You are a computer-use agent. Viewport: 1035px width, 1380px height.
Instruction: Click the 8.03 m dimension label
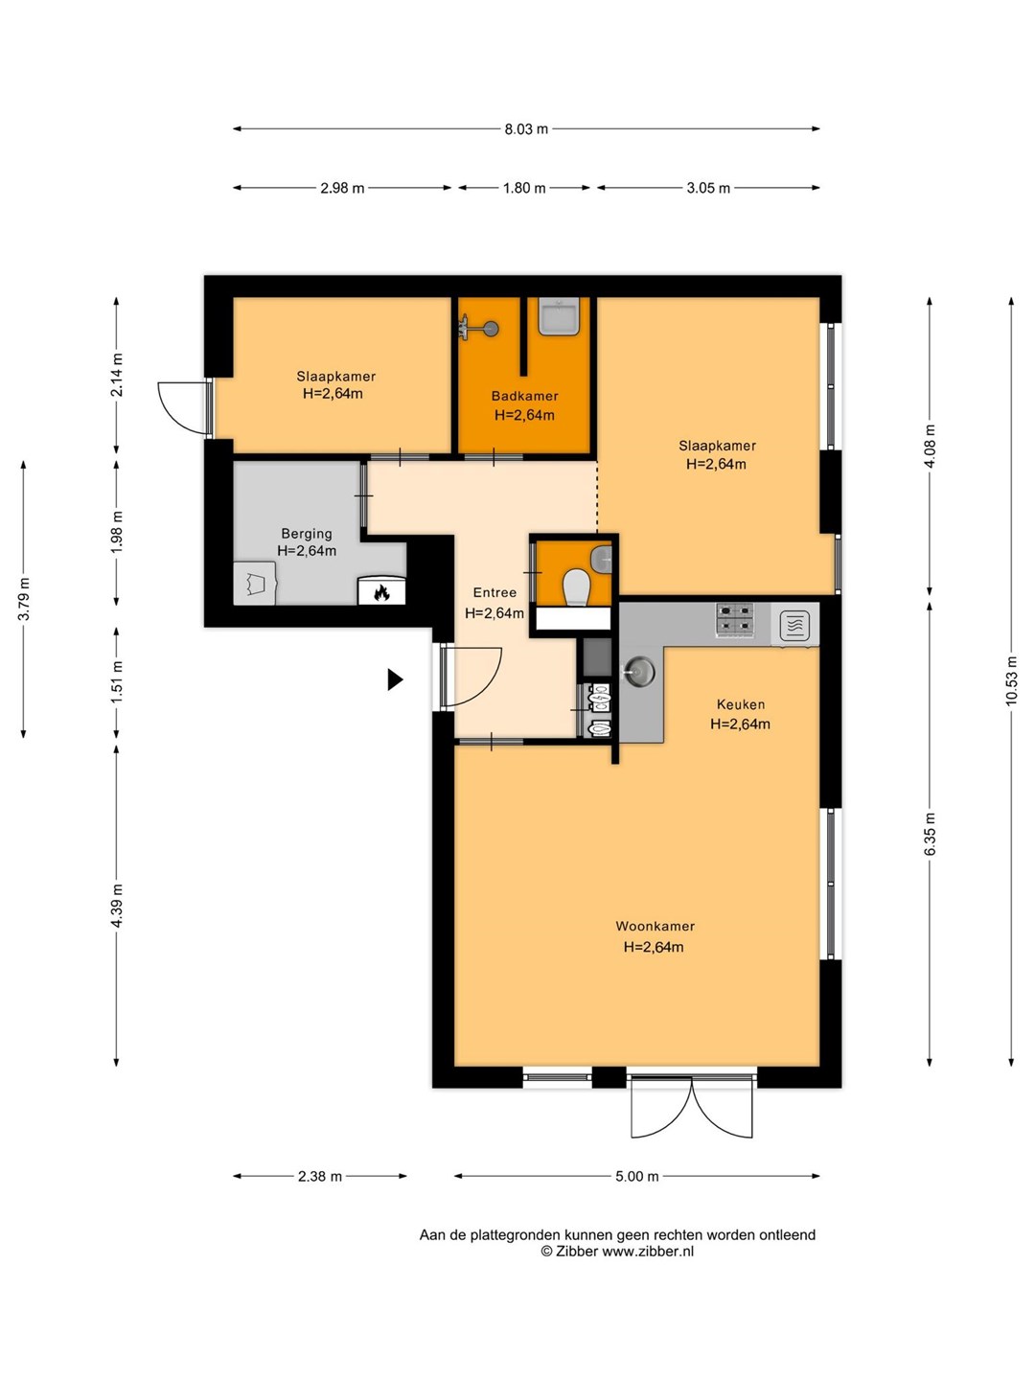[x=526, y=128]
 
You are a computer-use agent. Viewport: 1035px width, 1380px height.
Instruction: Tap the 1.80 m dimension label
[x=524, y=188]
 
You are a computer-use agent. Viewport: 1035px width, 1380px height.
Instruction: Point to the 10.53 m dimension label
[x=1010, y=681]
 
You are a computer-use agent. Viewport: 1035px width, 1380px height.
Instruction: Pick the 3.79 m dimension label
[x=24, y=599]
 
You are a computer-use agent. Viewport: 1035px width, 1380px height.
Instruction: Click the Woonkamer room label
[x=655, y=926]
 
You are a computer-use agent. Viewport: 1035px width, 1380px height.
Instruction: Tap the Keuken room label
[x=741, y=704]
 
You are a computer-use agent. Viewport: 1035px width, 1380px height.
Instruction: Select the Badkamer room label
[x=525, y=396]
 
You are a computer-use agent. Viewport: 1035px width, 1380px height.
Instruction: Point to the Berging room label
[x=307, y=534]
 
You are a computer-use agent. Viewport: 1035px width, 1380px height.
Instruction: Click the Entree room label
[x=494, y=592]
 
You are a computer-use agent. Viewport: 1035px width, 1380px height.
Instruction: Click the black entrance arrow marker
[x=395, y=679]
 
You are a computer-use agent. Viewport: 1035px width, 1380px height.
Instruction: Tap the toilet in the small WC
[x=575, y=588]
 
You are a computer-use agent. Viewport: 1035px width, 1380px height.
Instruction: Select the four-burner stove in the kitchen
[x=735, y=620]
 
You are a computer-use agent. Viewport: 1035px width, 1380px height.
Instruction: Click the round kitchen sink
[x=638, y=672]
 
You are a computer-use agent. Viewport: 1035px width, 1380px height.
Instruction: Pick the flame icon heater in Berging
[x=381, y=591]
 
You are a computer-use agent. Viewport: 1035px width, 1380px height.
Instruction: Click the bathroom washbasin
[x=559, y=316]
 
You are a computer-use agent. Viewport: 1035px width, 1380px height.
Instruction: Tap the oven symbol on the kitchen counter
[x=794, y=626]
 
